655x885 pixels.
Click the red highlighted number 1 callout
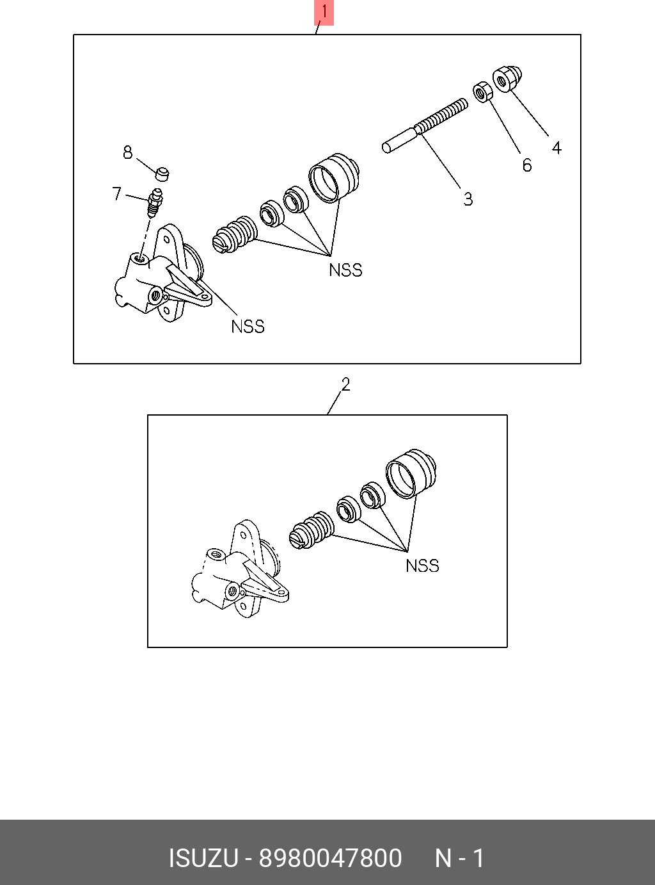coord(324,12)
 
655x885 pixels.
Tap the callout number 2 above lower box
coord(345,384)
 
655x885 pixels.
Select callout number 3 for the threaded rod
coord(468,199)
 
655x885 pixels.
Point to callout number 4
coord(556,148)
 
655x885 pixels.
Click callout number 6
coord(526,165)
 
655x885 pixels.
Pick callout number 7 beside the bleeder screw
coord(116,193)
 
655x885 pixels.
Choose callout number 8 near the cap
coord(128,152)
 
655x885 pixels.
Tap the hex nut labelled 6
coord(482,92)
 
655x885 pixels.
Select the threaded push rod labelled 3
coord(425,126)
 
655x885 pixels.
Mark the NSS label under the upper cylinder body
coord(248,327)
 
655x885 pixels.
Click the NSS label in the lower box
coord(422,565)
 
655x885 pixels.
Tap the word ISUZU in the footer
coord(203,858)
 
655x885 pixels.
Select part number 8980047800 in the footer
coord(329,858)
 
